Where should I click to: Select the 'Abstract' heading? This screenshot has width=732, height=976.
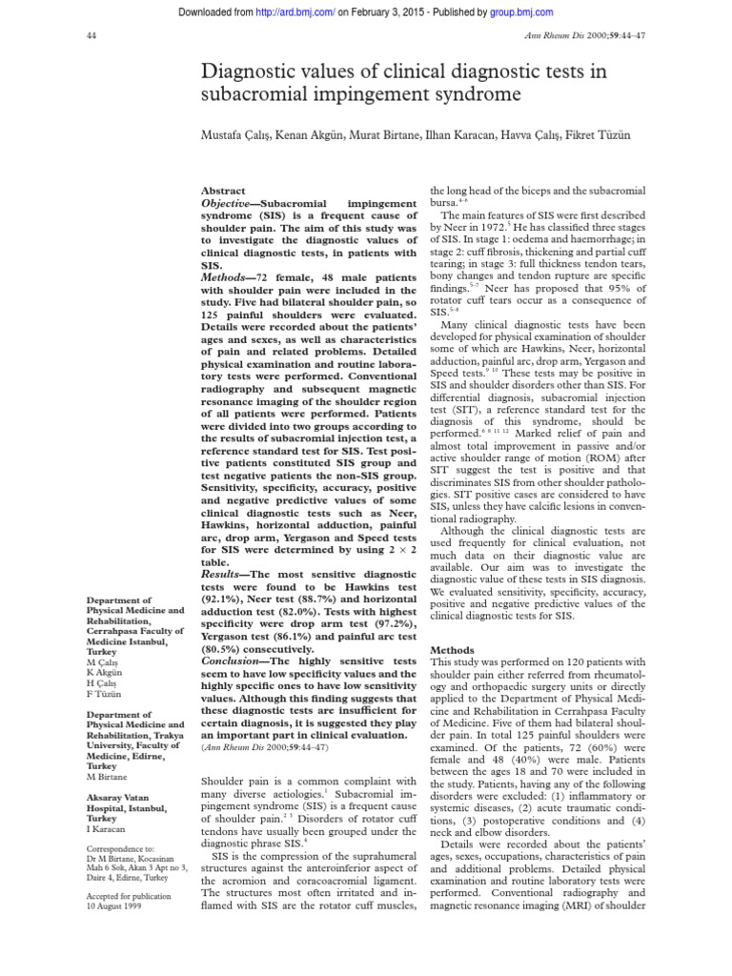click(x=224, y=191)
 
